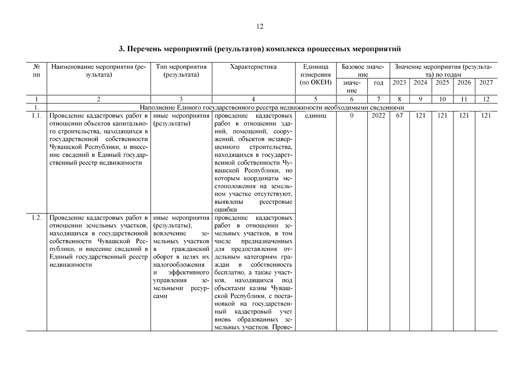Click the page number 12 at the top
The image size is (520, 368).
point(260,27)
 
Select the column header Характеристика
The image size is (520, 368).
point(253,67)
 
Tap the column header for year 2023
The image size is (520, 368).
point(399,82)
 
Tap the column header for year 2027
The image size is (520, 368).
point(486,82)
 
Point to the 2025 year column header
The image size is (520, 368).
point(442,82)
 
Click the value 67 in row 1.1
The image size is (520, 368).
point(399,116)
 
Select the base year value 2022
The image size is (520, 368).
point(379,116)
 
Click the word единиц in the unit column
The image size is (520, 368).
point(315,116)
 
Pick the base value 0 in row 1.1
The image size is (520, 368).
point(352,116)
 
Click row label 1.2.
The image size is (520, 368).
point(36,218)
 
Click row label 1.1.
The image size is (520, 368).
point(36,116)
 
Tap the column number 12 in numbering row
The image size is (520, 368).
point(486,99)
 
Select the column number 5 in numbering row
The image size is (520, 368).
point(315,99)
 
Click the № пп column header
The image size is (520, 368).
point(36,71)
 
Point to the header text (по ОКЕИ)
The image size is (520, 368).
point(315,82)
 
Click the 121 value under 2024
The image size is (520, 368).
point(420,116)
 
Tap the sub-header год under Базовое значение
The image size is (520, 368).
point(379,83)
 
